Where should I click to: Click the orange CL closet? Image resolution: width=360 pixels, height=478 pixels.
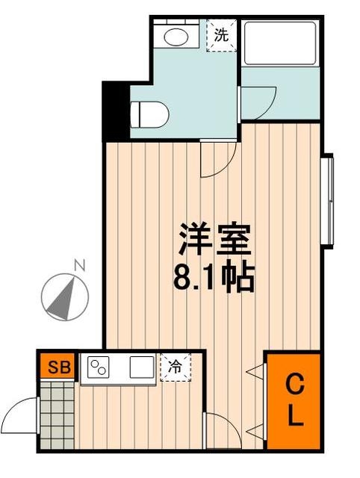[x=296, y=401]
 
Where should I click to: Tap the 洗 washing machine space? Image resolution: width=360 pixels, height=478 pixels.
[x=222, y=34]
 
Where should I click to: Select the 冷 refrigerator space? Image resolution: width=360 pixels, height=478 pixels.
[x=175, y=367]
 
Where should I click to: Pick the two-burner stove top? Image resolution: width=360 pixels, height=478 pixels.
[x=99, y=367]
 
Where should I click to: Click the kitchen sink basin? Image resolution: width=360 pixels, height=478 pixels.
[x=140, y=367]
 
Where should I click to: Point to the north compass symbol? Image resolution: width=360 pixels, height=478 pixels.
[x=66, y=296]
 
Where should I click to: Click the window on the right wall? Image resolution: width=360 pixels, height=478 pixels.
[x=326, y=200]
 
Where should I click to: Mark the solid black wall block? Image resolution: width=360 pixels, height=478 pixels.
[x=115, y=111]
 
